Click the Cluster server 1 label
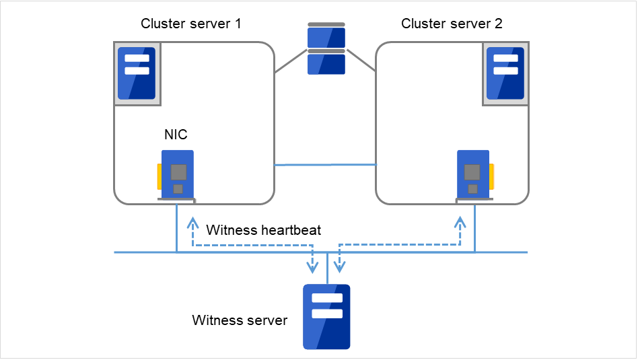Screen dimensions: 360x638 190,24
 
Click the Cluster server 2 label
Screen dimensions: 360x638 452,24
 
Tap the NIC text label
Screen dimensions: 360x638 176,135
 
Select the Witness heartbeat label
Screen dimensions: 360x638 263,230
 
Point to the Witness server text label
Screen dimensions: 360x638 240,320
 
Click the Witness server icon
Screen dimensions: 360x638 326,316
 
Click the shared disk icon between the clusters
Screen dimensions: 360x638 326,50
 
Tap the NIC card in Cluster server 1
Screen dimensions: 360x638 178,173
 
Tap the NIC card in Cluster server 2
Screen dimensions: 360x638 473,173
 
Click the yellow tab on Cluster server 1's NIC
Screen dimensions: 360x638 159,176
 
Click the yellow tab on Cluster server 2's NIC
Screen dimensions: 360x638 492,176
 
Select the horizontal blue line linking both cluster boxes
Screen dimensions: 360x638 325,164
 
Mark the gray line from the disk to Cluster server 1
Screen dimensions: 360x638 290,61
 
